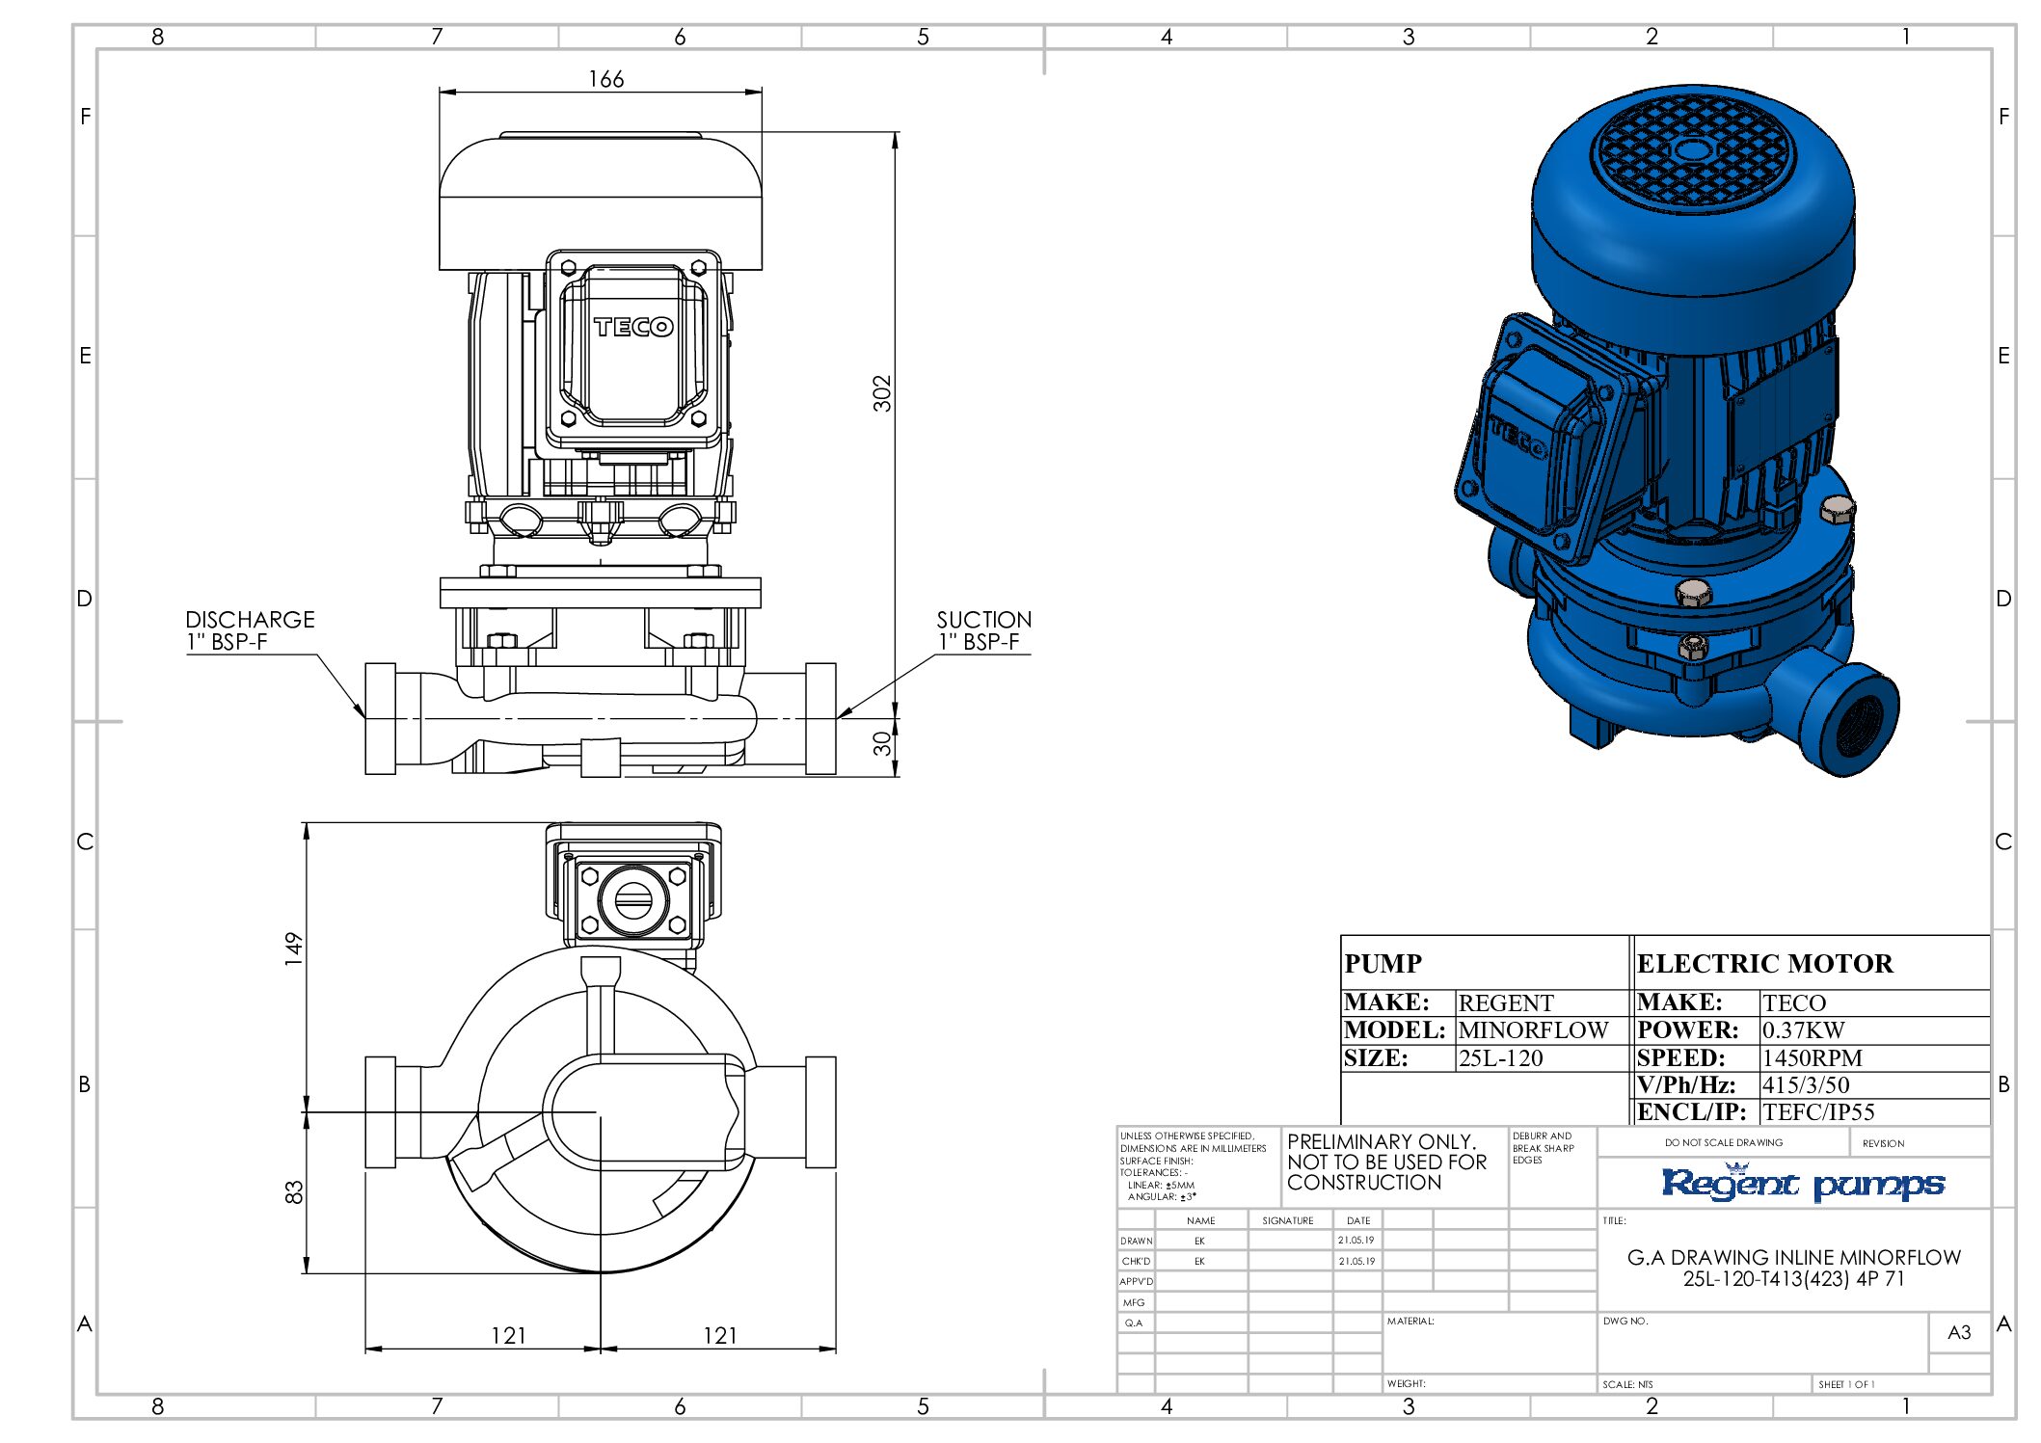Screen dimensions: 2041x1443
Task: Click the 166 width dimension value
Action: pyautogui.click(x=606, y=79)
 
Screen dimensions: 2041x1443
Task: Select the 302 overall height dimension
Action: pyautogui.click(x=882, y=393)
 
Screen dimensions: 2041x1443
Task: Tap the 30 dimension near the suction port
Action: pyautogui.click(x=882, y=743)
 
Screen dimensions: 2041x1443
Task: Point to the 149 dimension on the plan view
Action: pyautogui.click(x=293, y=949)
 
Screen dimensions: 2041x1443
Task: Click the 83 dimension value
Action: pyautogui.click(x=293, y=1192)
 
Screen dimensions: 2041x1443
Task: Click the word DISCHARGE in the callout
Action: pyautogui.click(x=251, y=620)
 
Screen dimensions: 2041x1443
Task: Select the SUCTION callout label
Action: pyautogui.click(x=984, y=620)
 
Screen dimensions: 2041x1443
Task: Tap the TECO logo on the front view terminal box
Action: pyautogui.click(x=633, y=327)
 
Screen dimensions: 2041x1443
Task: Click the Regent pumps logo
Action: pyautogui.click(x=1802, y=1183)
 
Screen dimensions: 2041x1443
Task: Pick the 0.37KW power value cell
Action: pyautogui.click(x=1803, y=1030)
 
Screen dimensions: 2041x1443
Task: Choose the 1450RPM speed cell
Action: pyautogui.click(x=1812, y=1057)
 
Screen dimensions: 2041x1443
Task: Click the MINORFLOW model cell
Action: pyautogui.click(x=1533, y=1030)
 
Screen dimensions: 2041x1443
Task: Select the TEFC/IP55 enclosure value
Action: pyautogui.click(x=1818, y=1112)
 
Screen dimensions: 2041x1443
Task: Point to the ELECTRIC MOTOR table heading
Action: pyautogui.click(x=1765, y=964)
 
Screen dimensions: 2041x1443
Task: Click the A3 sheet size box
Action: pyautogui.click(x=1959, y=1332)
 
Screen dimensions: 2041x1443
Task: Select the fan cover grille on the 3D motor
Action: pyautogui.click(x=1691, y=161)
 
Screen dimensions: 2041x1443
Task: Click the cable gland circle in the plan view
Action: pyautogui.click(x=633, y=900)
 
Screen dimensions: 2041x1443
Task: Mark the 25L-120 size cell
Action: pyautogui.click(x=1500, y=1058)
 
